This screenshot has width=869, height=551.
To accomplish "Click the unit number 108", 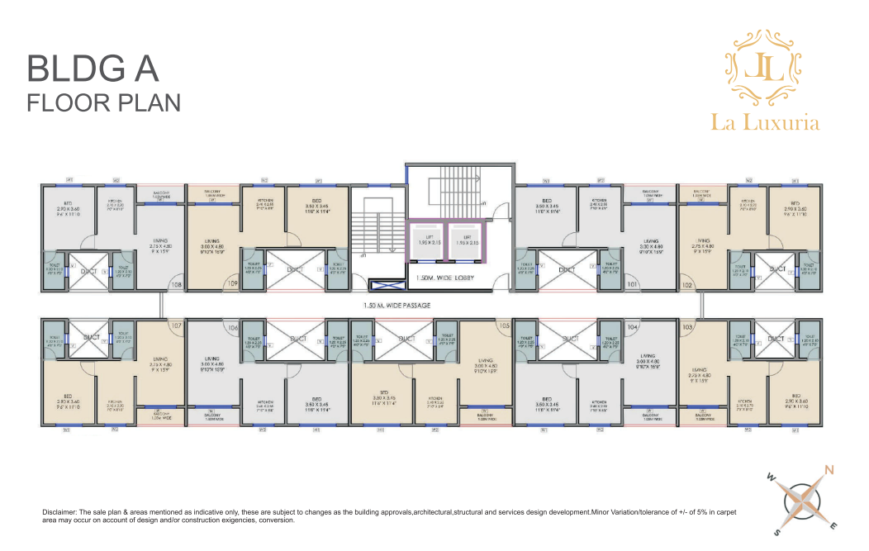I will (x=176, y=286).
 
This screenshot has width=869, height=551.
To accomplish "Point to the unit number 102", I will (x=687, y=286).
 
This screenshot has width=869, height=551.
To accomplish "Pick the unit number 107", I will (x=175, y=325).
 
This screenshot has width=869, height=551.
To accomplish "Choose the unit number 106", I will (x=233, y=328).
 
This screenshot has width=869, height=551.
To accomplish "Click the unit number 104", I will (x=634, y=327).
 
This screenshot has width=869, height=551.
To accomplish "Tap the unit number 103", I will (x=687, y=327).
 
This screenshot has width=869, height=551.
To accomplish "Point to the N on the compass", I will (x=829, y=470).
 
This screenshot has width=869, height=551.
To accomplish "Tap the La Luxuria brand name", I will (x=765, y=122).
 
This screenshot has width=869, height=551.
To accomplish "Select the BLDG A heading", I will (x=93, y=69).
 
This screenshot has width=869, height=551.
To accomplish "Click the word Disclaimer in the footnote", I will (x=59, y=513).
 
